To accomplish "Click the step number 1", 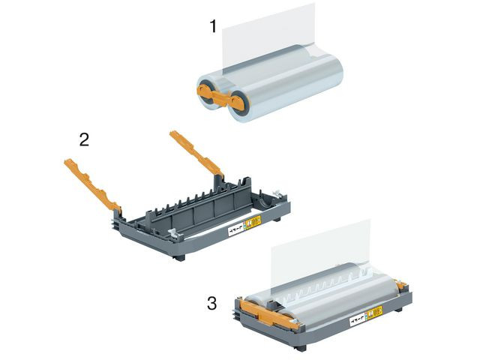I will click(213, 27).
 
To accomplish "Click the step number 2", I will click(85, 139).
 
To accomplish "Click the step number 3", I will click(212, 304).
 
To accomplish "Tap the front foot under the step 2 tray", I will click(178, 256).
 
